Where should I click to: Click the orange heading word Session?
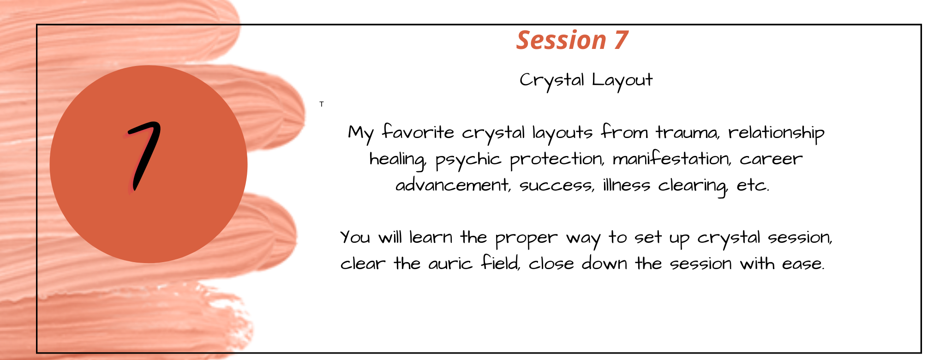[561, 40]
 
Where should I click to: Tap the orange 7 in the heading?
[621, 40]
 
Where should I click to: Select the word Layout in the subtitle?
[622, 80]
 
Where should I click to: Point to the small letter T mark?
[322, 104]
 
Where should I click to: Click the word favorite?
[418, 132]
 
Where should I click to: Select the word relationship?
[776, 133]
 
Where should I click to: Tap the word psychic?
[468, 160]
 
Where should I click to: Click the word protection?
[557, 160]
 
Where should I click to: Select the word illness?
[626, 185]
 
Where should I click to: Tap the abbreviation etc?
[753, 186]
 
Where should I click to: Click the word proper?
[526, 239]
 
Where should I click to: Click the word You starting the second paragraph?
[355, 238]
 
